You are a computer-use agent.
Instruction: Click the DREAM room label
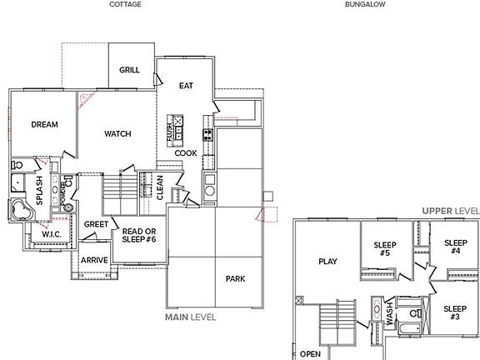click(x=44, y=125)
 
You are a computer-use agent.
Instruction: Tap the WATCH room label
click(x=117, y=134)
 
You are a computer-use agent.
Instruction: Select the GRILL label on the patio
click(x=129, y=71)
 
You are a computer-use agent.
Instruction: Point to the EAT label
click(x=187, y=86)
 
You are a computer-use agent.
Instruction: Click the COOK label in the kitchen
click(x=186, y=153)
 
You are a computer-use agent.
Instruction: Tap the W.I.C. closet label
click(x=53, y=235)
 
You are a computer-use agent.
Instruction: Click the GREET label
click(x=96, y=224)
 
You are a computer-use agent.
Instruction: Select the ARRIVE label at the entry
click(x=94, y=260)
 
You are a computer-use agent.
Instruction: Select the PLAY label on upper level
click(x=327, y=262)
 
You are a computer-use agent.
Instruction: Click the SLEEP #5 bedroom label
click(x=384, y=248)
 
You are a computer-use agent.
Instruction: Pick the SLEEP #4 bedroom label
click(x=455, y=246)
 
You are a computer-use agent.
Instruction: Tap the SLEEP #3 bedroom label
click(x=455, y=313)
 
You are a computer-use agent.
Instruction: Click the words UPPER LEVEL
click(x=449, y=211)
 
